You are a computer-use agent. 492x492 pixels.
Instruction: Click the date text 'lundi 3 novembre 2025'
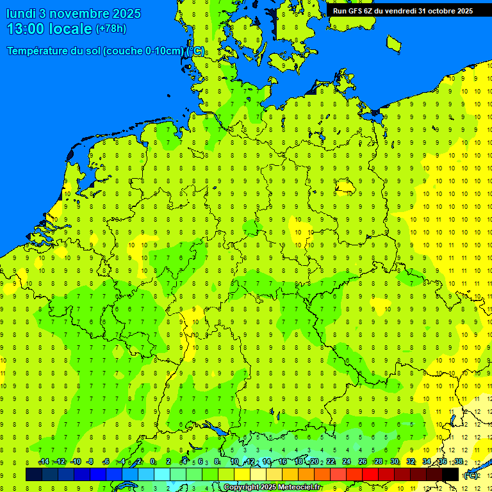pos(74,13)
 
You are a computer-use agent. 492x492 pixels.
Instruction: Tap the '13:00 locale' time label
pos(49,29)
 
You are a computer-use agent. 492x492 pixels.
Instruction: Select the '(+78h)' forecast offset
pos(111,29)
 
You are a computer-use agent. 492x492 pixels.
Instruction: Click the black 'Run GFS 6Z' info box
pos(403,10)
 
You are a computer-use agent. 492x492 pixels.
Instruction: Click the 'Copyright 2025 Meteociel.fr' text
pos(272,488)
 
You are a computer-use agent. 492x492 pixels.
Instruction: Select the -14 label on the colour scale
pos(44,462)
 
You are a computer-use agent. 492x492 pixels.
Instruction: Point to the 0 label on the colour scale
pos(152,462)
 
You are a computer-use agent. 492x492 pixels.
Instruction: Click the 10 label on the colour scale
pos(234,462)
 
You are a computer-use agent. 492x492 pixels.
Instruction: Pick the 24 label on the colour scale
pos(347,462)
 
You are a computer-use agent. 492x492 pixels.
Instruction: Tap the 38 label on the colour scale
pos(459,462)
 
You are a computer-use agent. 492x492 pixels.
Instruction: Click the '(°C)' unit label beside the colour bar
pos(471,475)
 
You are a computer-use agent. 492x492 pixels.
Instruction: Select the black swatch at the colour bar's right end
pos(450,475)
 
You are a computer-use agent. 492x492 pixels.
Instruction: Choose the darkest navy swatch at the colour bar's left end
pos(34,475)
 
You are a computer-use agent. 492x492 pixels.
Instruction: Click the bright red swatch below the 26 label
pos(370,475)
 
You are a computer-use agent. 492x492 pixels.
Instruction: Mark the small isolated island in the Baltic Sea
pos(394,43)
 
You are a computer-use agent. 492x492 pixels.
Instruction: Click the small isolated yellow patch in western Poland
pos(345,186)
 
